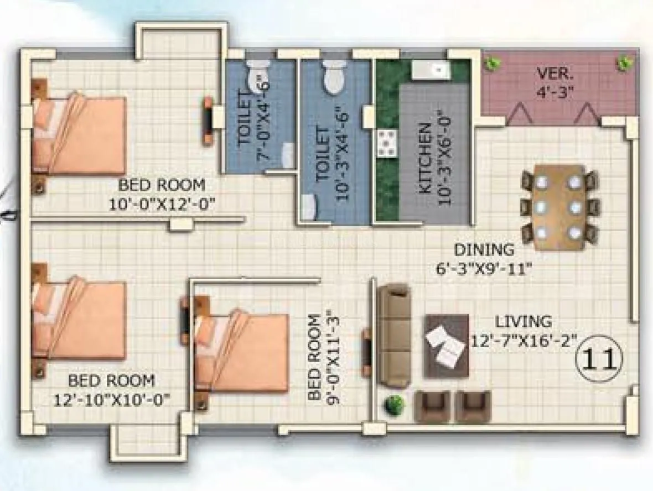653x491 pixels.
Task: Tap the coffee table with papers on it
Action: [446, 346]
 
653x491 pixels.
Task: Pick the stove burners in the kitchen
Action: [386, 143]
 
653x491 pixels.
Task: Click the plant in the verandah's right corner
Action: [625, 62]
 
